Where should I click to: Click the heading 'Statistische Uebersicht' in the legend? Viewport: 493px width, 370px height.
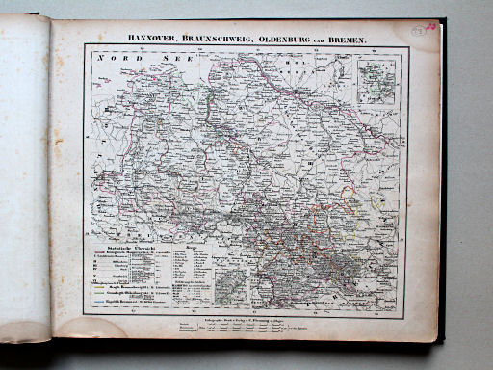122,249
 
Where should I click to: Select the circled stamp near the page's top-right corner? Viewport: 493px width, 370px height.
418,31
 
